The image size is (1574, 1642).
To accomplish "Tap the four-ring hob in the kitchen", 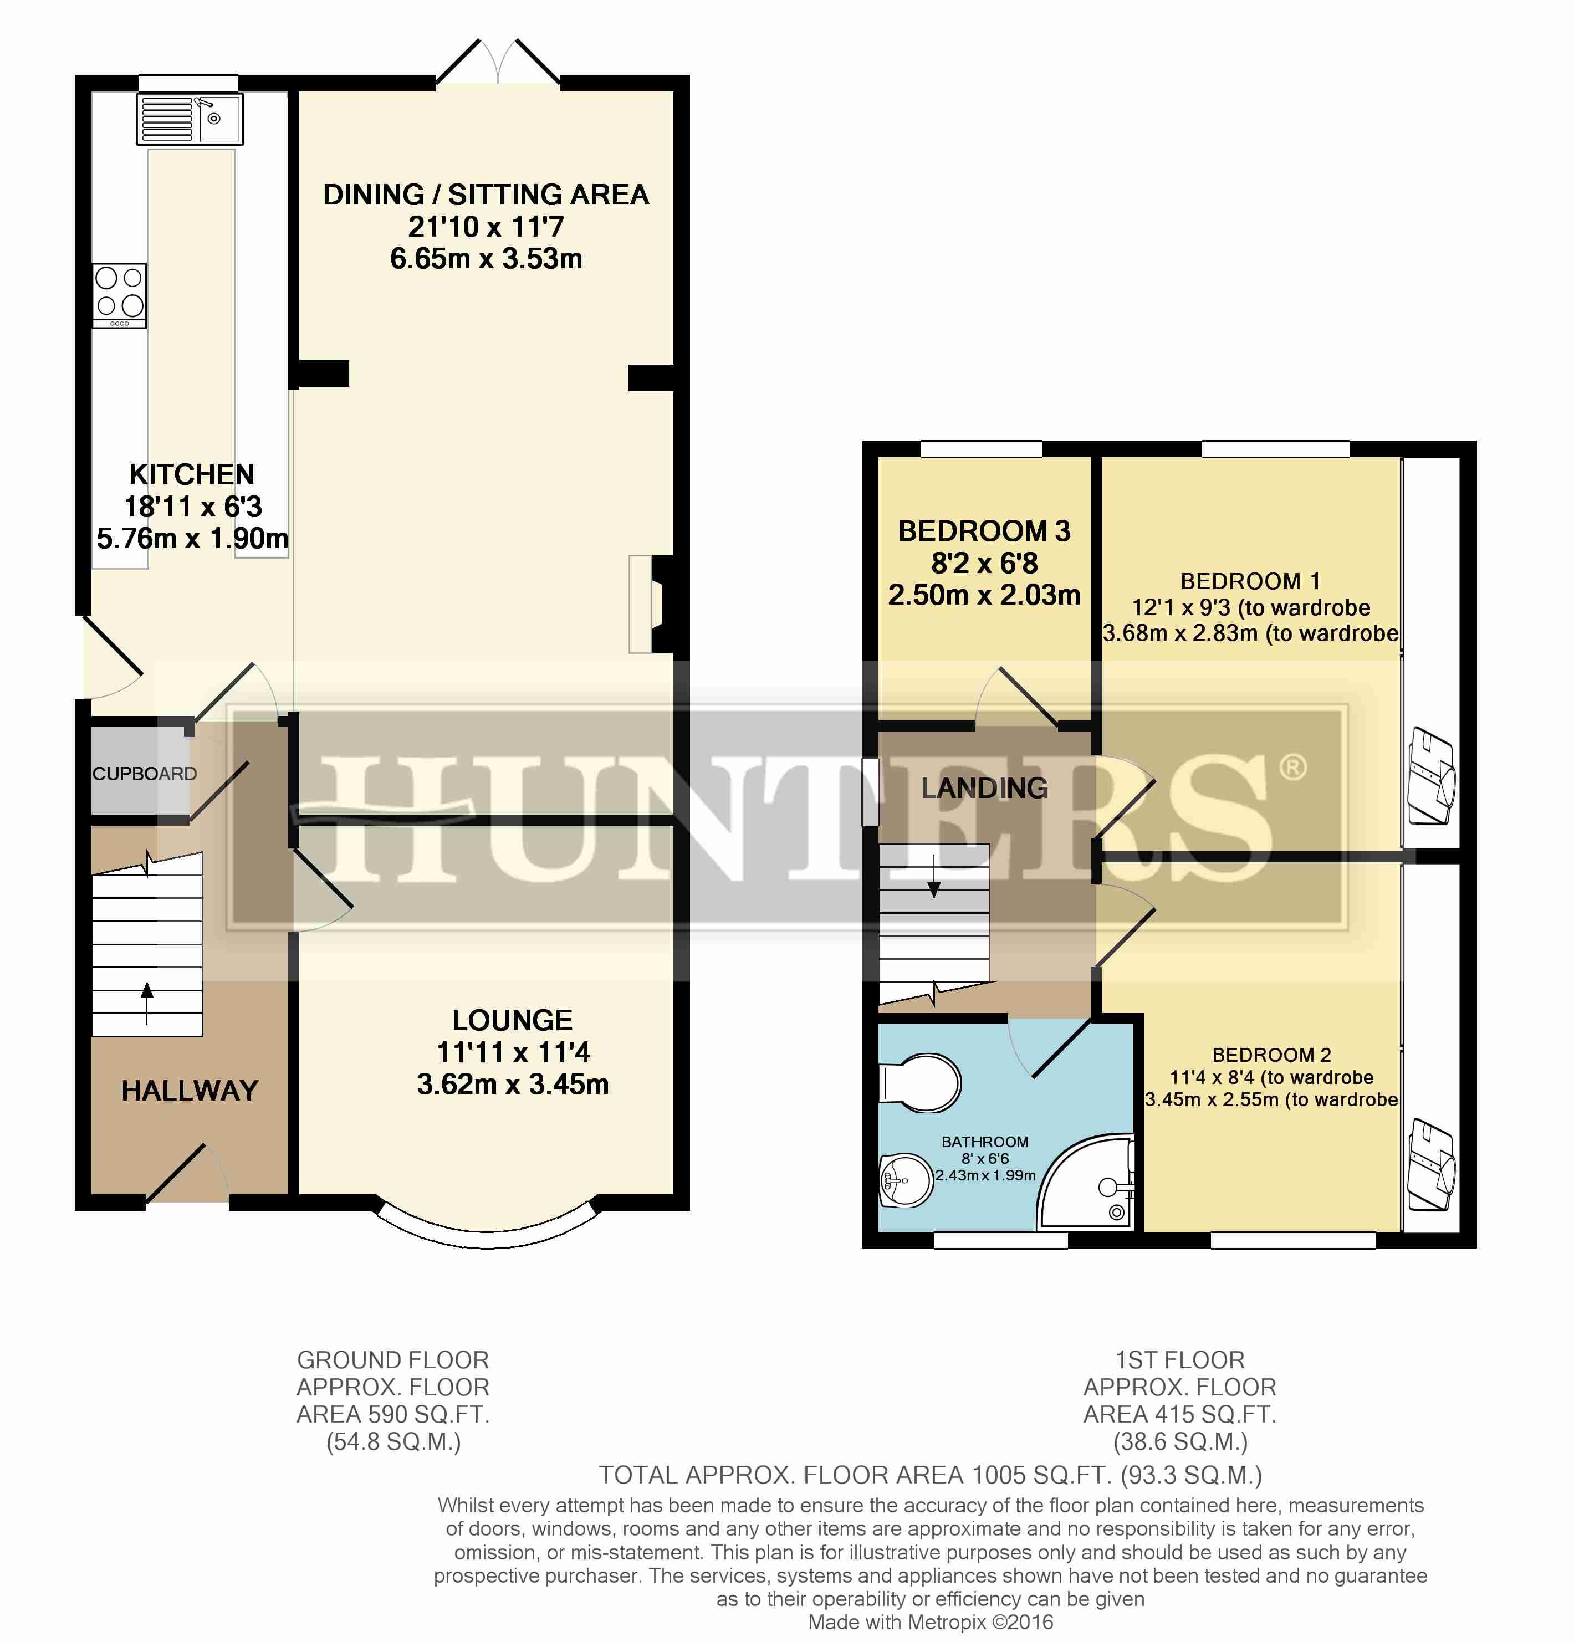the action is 120,296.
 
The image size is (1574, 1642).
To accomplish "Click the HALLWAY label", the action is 190,1090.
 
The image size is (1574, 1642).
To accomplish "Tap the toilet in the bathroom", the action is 920,1083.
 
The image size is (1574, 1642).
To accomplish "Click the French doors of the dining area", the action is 498,61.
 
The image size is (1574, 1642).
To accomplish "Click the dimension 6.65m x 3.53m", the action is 487,258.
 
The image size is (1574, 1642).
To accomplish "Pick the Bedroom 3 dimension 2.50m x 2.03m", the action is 984,594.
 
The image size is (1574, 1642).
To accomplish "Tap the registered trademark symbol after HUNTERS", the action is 1292,766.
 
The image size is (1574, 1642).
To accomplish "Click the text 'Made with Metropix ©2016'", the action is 930,1622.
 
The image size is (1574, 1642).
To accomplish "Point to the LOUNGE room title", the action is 513,1020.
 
